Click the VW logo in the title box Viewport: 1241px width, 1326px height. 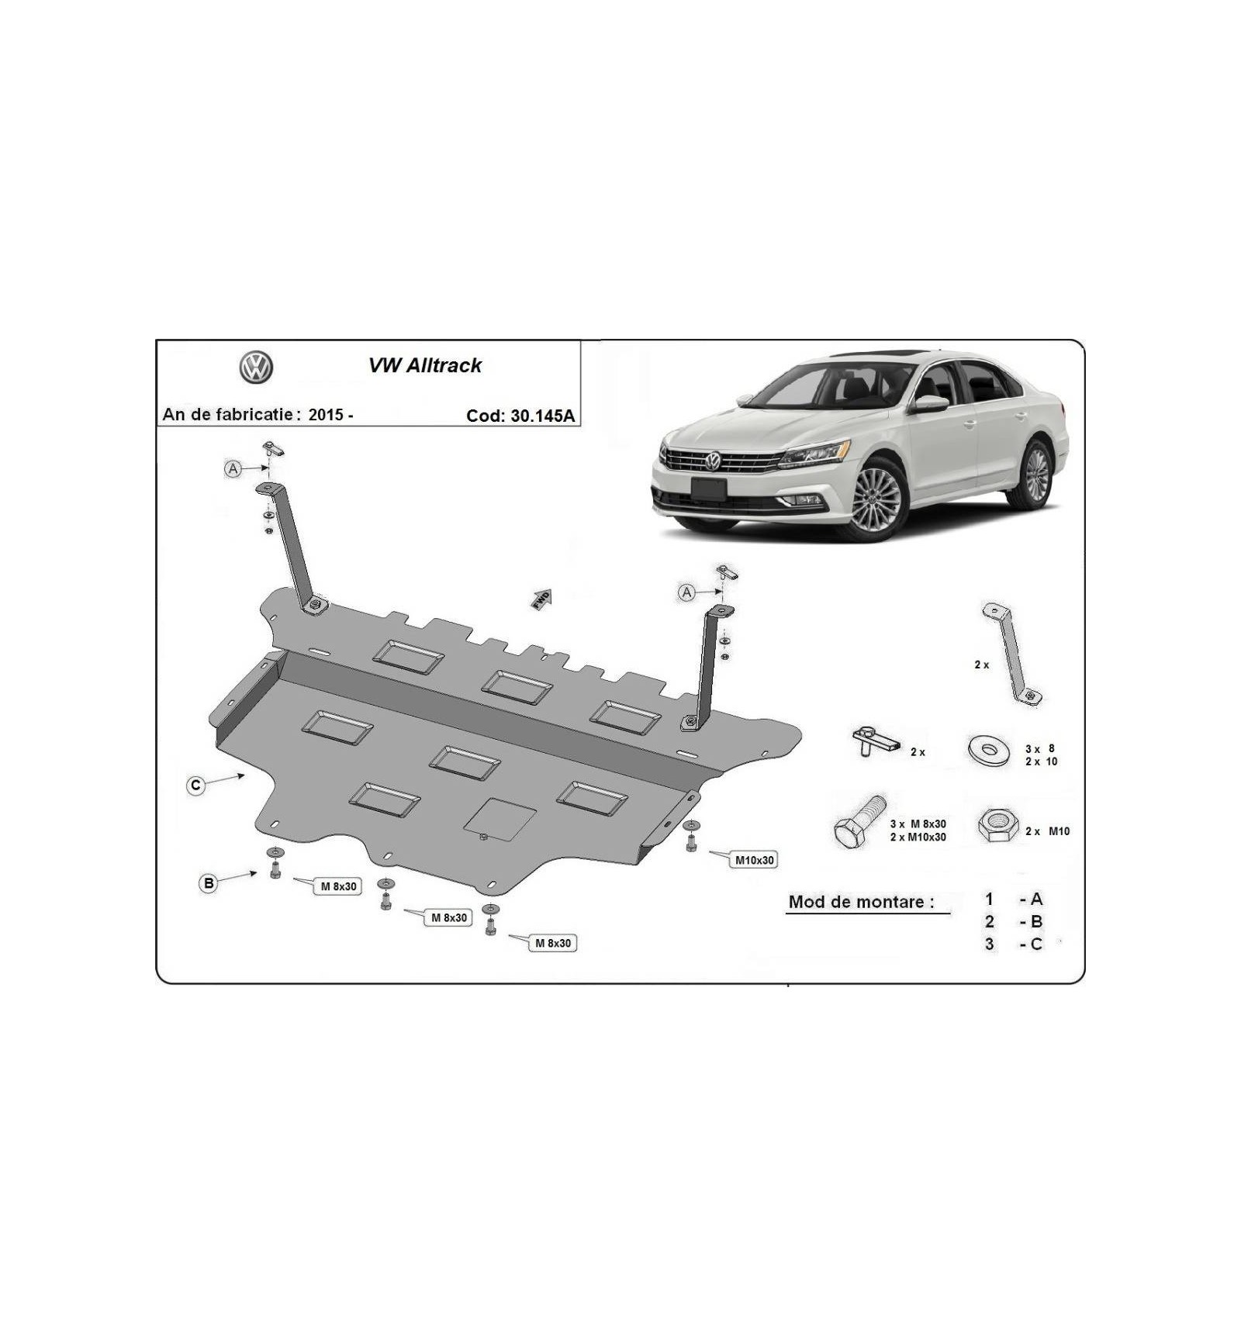pyautogui.click(x=256, y=367)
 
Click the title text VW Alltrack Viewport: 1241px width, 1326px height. pyautogui.click(x=424, y=365)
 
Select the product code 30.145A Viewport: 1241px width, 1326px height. pyautogui.click(x=543, y=416)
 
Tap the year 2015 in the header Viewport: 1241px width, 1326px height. pyautogui.click(x=326, y=414)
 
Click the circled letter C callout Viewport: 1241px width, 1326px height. pyautogui.click(x=196, y=786)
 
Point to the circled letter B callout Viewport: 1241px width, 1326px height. pyautogui.click(x=208, y=883)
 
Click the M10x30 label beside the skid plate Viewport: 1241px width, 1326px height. pyautogui.click(x=754, y=860)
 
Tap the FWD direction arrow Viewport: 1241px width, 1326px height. pyautogui.click(x=541, y=599)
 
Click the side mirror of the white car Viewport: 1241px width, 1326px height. pyautogui.click(x=929, y=404)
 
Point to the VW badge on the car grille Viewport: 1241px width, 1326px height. pyautogui.click(x=712, y=461)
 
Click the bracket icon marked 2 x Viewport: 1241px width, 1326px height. pyautogui.click(x=1012, y=654)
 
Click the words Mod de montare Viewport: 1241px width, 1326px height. pyautogui.click(x=861, y=902)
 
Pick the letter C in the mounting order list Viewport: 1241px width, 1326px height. pyautogui.click(x=1036, y=944)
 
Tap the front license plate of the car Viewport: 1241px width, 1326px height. pyautogui.click(x=709, y=489)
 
